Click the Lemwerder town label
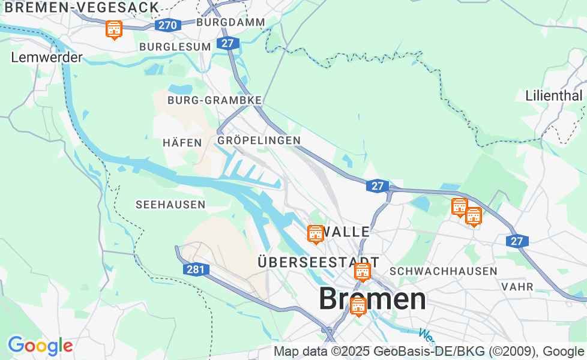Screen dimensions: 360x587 pyautogui.click(x=47, y=58)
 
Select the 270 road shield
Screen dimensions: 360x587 pyautogui.click(x=167, y=25)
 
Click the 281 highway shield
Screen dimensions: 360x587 pyautogui.click(x=196, y=269)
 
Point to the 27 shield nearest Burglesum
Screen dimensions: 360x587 pyautogui.click(x=226, y=43)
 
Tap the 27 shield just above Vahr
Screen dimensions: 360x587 pyautogui.click(x=517, y=241)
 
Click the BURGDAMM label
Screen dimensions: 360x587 pyautogui.click(x=230, y=22)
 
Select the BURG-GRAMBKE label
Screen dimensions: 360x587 pyautogui.click(x=214, y=100)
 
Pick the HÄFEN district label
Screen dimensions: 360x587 pyautogui.click(x=182, y=143)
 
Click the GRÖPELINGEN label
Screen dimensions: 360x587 pyautogui.click(x=259, y=140)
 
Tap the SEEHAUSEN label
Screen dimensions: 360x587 pyautogui.click(x=170, y=205)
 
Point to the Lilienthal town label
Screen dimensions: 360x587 pyautogui.click(x=553, y=95)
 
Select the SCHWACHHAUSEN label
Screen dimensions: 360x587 pyautogui.click(x=444, y=271)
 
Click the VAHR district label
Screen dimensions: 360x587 pyautogui.click(x=517, y=287)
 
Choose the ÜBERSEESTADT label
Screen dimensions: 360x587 pyautogui.click(x=318, y=262)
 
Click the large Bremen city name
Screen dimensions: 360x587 pyautogui.click(x=372, y=299)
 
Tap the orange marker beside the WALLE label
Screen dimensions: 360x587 pyautogui.click(x=315, y=233)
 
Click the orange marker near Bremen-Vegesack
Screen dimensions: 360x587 pyautogui.click(x=113, y=29)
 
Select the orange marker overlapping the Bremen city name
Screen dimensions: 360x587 pyautogui.click(x=358, y=306)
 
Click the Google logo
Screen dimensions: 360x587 pyautogui.click(x=40, y=346)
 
